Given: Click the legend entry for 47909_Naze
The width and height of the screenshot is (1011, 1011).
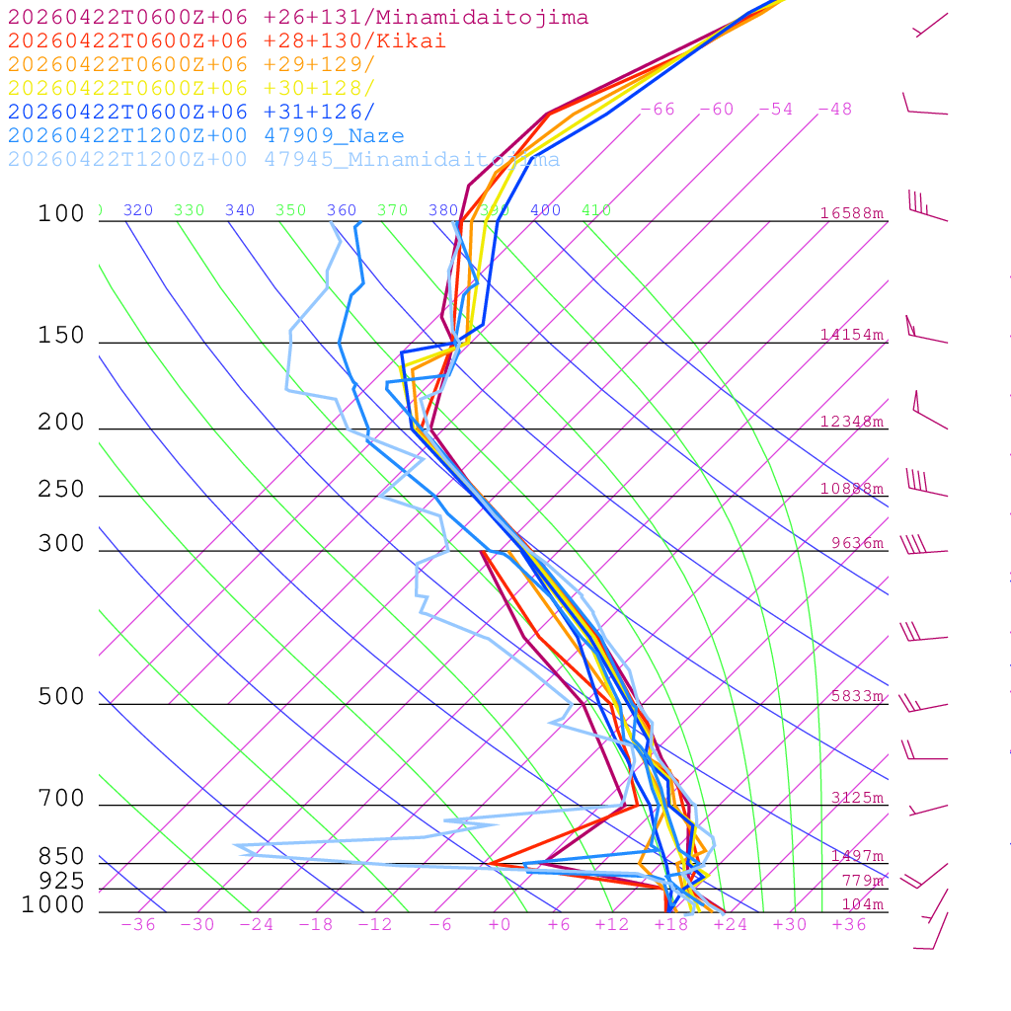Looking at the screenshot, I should point(205,136).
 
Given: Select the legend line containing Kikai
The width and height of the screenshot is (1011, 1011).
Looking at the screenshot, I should point(227,41).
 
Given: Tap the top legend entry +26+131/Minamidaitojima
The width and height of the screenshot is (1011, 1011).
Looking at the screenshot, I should point(298,18).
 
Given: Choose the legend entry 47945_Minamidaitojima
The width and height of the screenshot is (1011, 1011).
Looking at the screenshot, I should point(284,160).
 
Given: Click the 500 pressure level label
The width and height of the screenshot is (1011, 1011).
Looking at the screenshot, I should point(61,697).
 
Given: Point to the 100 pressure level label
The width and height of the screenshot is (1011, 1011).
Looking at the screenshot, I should point(61,213).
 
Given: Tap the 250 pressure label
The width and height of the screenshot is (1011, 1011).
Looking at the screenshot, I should point(61,490).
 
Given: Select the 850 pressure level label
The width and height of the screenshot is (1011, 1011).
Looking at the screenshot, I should point(61,857).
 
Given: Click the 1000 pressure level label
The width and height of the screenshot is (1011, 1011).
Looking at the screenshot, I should point(53,905).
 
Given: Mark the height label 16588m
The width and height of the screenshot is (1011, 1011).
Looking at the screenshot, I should point(852,213).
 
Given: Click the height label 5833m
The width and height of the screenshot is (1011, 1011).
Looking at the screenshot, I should point(856,696).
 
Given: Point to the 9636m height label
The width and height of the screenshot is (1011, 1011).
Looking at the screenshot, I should point(857,543).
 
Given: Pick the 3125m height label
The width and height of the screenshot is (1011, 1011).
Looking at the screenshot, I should point(856,798).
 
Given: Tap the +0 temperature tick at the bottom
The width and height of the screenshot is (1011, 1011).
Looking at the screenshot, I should point(500,925).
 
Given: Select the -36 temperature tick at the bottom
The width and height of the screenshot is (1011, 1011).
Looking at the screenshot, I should point(138,925).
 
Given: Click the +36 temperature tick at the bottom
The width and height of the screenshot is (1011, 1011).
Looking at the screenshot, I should point(849,925).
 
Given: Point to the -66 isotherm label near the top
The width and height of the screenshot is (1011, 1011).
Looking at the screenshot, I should point(658,110).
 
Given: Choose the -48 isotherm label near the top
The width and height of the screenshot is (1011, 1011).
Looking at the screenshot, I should point(835,110).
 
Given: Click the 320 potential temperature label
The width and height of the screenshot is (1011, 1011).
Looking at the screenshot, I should point(138,210).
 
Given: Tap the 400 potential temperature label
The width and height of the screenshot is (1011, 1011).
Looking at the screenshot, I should point(546,210).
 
